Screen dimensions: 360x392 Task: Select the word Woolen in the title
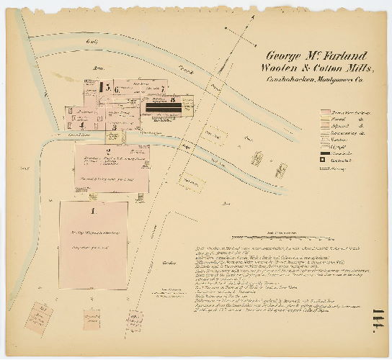[282, 68]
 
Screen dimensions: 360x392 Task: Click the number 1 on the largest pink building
[94, 211]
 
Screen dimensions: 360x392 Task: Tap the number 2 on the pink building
[107, 151]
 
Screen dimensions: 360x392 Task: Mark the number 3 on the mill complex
[114, 127]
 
